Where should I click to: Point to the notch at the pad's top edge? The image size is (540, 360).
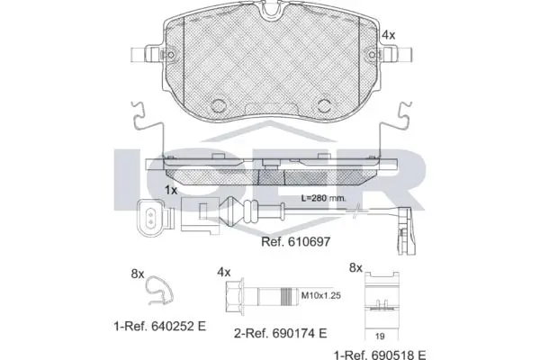click(270, 10)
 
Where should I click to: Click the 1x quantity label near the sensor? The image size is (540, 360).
click(171, 191)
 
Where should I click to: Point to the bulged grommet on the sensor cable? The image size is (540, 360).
click(234, 212)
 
